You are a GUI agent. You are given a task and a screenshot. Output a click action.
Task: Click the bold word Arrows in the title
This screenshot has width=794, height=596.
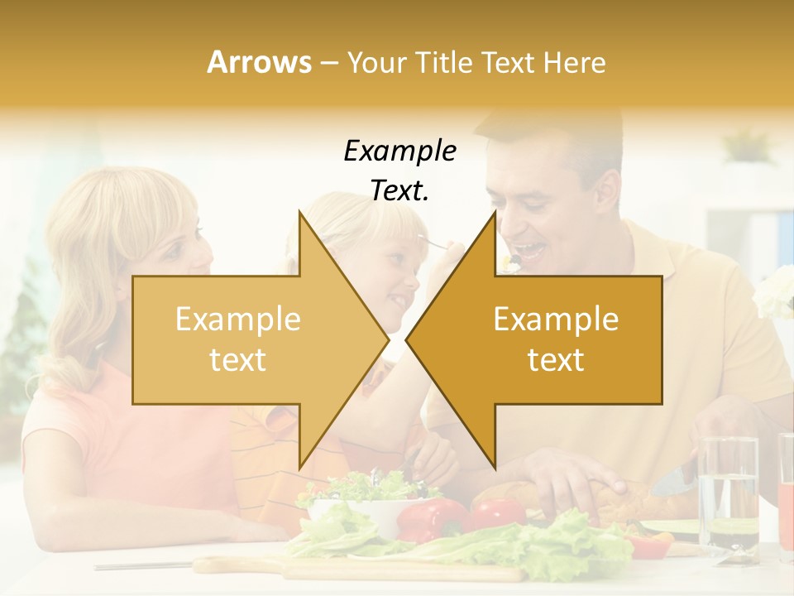[259, 62]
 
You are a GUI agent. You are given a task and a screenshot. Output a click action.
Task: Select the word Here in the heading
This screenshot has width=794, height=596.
[576, 63]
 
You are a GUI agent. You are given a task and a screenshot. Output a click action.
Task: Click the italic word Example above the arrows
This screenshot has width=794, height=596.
[400, 151]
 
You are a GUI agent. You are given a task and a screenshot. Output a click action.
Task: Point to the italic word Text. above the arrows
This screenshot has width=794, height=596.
[400, 191]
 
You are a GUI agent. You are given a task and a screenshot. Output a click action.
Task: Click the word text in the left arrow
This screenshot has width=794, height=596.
[237, 360]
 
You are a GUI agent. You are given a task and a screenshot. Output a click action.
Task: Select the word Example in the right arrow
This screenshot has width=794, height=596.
[556, 320]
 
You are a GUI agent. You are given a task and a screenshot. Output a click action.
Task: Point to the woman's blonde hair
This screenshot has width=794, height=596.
[108, 223]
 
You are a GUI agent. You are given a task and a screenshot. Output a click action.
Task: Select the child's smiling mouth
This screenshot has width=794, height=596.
[399, 298]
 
